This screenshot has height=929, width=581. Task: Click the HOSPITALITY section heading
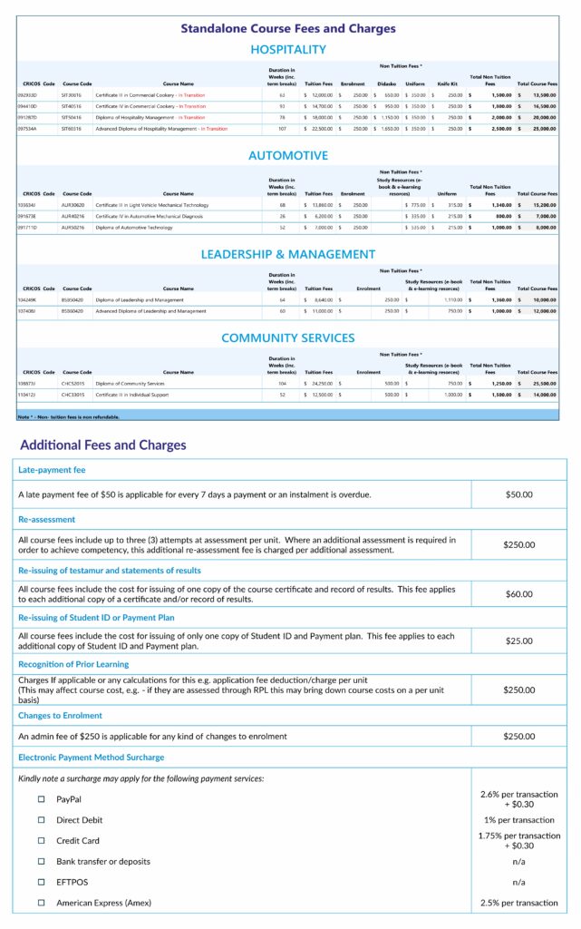288,49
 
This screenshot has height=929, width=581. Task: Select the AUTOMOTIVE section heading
288,155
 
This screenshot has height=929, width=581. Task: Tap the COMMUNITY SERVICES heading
288,337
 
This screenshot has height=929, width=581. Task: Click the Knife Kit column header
448,83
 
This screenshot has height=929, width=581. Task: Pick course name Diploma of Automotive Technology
134,228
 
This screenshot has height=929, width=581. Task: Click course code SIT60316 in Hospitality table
72,129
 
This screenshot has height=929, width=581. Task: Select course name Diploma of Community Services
131,383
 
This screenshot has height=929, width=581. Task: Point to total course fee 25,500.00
542,383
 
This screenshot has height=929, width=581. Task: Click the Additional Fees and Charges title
103,445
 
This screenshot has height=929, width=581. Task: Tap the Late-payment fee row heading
52,470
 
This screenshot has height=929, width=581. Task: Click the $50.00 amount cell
519,494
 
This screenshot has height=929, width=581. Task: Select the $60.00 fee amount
519,594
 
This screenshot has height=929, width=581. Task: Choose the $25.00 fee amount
519,641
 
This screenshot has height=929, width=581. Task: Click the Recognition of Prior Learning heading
73,665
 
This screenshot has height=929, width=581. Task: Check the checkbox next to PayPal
41,799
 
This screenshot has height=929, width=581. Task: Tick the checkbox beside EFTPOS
41,882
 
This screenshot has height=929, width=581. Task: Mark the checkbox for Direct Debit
41,820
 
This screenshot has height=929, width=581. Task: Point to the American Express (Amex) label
103,903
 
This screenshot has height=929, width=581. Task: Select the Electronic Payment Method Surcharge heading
91,757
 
